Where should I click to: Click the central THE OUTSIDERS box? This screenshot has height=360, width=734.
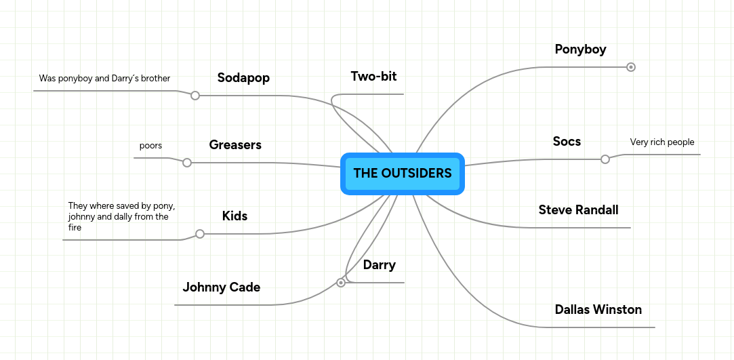402,174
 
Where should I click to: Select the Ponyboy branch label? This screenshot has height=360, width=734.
580,49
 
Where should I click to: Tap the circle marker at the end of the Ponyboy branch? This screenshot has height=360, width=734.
630,67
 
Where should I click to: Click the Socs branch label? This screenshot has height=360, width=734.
567,141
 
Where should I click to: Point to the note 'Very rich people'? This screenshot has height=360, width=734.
662,142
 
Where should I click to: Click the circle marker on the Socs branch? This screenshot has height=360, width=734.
605,159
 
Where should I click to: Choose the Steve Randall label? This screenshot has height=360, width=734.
578,209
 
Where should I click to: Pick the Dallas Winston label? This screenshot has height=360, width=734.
598,309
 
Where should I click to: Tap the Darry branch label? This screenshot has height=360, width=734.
379,265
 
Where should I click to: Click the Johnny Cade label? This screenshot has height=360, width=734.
221,287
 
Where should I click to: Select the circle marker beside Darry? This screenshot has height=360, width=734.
341,283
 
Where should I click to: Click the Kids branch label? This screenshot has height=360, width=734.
235,216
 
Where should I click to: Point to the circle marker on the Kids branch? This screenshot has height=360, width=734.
200,234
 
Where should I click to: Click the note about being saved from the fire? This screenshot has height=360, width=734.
121,217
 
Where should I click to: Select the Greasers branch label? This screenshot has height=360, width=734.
235,145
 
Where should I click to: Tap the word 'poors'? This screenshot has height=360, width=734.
150,146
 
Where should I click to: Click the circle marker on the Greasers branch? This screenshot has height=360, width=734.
187,163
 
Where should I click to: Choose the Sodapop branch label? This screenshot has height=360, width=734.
243,78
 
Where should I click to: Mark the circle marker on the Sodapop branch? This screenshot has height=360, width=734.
195,96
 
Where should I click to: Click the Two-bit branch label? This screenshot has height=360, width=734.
373,77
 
